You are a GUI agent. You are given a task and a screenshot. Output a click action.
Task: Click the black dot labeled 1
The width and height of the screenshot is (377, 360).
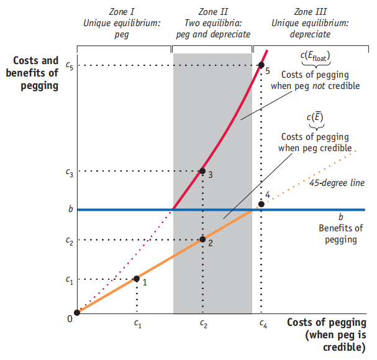coord(137,279)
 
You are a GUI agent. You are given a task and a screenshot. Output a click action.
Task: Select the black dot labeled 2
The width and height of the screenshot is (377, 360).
coord(202,239)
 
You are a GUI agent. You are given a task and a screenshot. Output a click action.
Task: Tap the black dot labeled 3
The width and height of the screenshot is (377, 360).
coord(202,171)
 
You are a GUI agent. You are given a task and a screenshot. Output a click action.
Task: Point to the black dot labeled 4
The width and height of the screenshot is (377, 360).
coord(261,204)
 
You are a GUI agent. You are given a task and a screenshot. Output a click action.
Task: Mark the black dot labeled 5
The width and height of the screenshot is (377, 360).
coord(261,65)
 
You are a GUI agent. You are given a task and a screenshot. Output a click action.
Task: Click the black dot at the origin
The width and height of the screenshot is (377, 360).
coord(77,312)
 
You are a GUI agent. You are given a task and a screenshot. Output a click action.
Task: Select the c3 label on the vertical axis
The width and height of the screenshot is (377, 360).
coord(69,171)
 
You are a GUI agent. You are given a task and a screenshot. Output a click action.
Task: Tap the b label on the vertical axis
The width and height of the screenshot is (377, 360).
coord(71,210)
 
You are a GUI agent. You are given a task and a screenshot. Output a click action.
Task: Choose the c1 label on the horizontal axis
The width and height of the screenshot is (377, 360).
coord(137,323)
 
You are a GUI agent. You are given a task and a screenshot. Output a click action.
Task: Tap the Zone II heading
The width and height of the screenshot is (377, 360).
coord(213,11)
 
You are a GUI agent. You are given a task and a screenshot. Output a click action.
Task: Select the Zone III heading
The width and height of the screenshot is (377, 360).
coord(309,11)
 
